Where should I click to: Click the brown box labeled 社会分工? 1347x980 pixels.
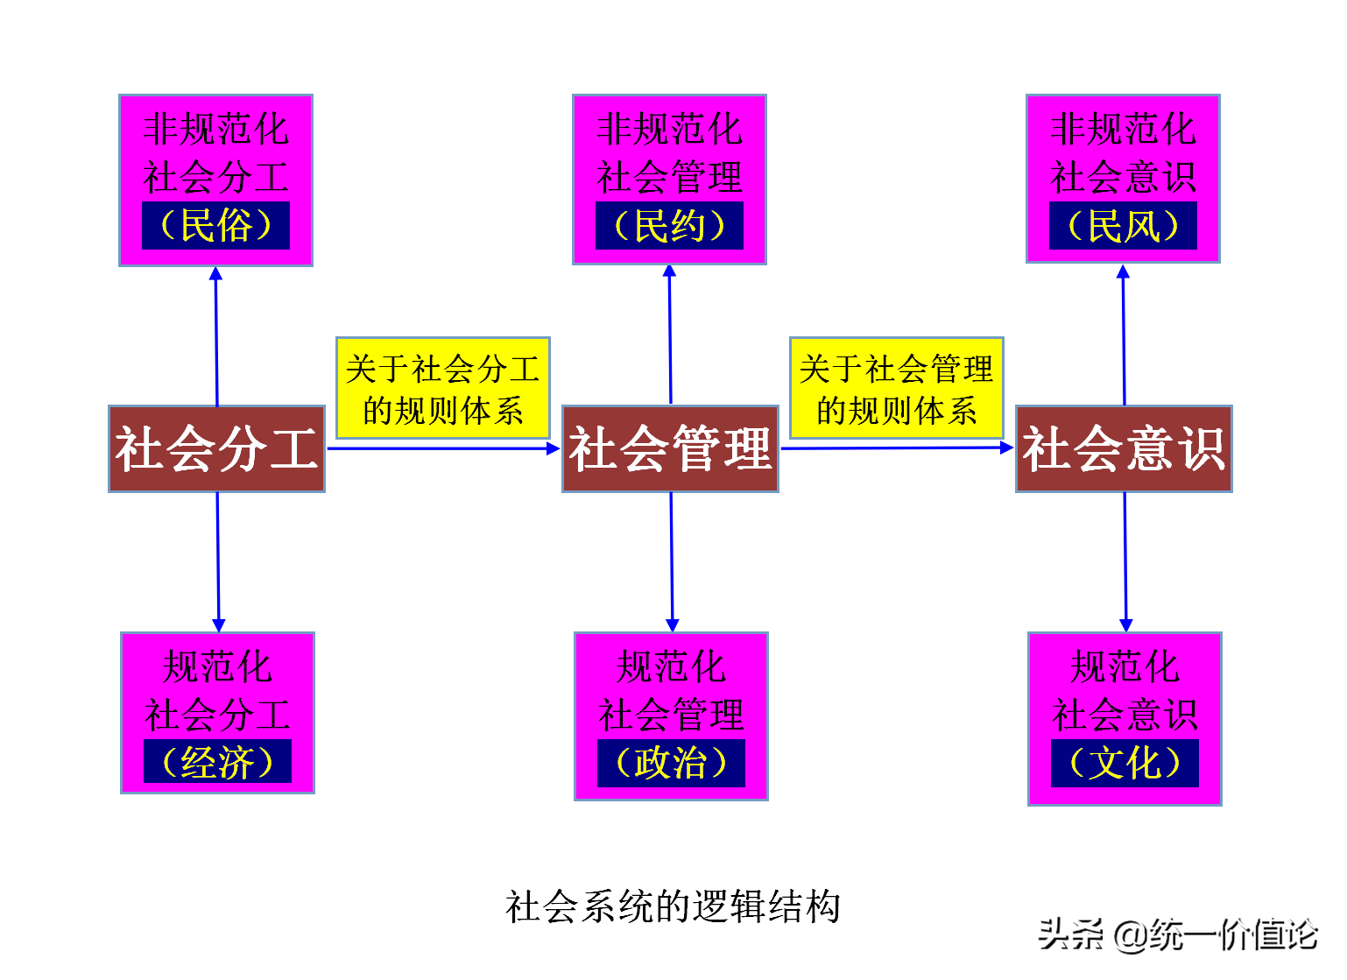[216, 448]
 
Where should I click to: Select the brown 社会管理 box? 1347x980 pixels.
[670, 448]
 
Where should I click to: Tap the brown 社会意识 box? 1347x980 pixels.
[1124, 448]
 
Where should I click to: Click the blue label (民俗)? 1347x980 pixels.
[215, 226]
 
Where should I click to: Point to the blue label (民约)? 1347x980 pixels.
[669, 226]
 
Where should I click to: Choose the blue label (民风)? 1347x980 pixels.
[1123, 226]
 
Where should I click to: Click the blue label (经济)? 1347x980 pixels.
[217, 762]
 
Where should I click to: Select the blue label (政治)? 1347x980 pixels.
[671, 763]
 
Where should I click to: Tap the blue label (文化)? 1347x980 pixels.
[1125, 763]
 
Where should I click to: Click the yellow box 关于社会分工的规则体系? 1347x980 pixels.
[442, 388]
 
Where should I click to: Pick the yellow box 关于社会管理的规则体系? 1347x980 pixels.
[896, 388]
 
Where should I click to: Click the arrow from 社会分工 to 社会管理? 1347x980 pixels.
[442, 448]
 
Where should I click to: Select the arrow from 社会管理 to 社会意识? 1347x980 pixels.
[896, 448]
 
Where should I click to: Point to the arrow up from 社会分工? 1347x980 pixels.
[216, 337]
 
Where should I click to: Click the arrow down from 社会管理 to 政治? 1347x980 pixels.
[672, 561]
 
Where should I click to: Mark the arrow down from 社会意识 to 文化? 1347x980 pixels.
[1125, 561]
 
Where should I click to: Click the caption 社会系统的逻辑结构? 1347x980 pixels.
[673, 906]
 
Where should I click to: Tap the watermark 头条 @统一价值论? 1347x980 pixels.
[1178, 934]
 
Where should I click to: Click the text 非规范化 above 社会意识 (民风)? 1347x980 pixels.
[1123, 129]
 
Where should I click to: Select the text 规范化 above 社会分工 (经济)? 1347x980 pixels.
[217, 667]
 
